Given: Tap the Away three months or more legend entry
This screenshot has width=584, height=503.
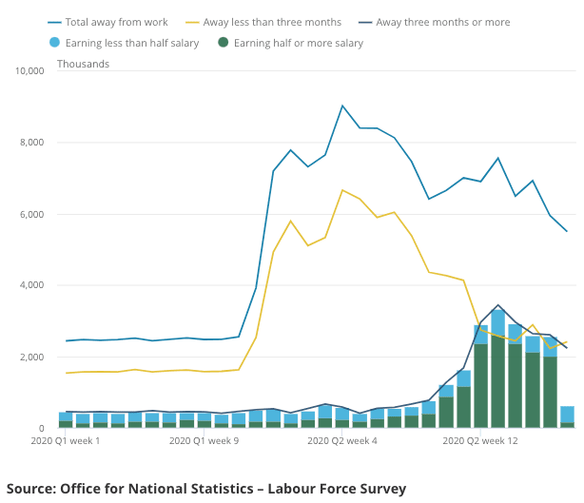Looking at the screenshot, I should coord(442,22).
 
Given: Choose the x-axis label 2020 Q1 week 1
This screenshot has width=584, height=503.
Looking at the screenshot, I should coord(66,441).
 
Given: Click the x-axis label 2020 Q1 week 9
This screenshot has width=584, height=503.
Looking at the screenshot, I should coord(204,441).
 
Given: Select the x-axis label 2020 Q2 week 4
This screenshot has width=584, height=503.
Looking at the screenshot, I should coord(343,441).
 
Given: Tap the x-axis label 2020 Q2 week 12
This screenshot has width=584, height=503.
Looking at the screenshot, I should coord(481,441).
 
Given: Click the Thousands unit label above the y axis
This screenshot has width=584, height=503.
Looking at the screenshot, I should coord(83,64).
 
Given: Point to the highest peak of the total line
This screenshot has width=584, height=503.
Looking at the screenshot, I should coord(342,106).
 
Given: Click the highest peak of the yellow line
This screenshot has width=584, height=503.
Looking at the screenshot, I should coord(342,190).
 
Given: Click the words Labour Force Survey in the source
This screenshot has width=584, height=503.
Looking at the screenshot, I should coord(339,489).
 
